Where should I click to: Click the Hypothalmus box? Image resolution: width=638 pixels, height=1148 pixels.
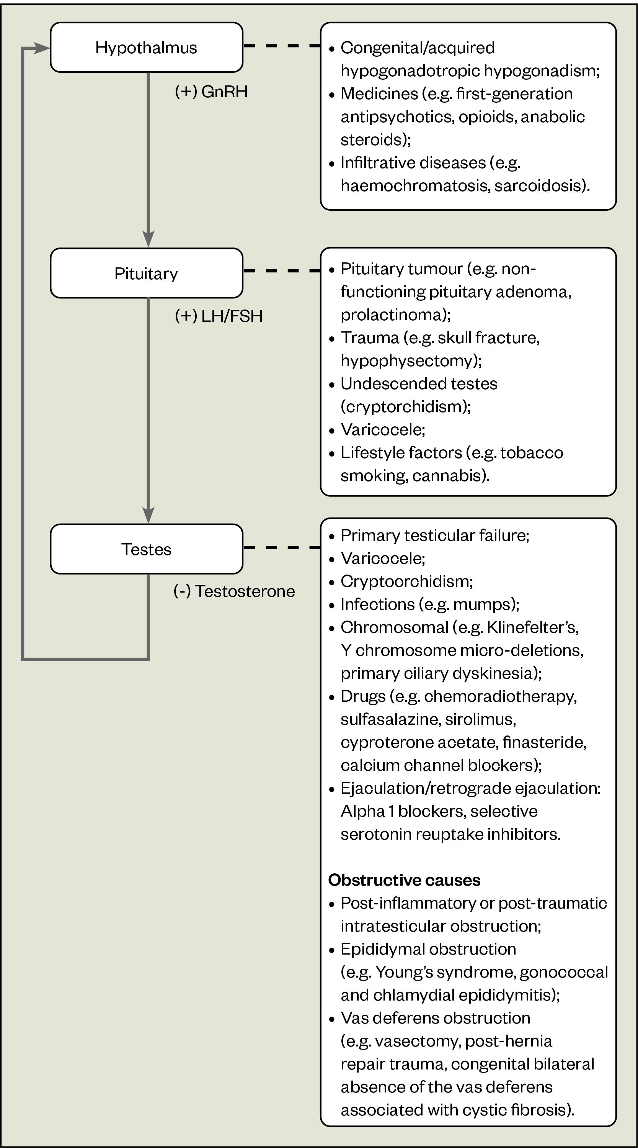coord(146,47)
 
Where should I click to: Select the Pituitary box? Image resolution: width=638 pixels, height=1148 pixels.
coord(146,273)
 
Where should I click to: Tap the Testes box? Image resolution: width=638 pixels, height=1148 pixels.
coord(146,549)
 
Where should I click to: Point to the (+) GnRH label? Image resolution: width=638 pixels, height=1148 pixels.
coord(211,92)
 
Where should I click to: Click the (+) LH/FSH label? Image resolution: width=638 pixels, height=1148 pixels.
coord(219,316)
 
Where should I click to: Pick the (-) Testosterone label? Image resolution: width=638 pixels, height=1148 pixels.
coord(234,591)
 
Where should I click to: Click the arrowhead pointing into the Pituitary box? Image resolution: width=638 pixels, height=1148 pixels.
coord(148,238)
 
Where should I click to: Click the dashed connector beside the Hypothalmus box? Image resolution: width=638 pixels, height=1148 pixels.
coord(282,46)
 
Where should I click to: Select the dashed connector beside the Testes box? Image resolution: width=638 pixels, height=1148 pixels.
coord(282,547)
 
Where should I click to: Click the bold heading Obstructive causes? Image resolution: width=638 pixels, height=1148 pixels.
coord(404,880)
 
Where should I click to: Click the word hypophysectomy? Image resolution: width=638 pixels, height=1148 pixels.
coord(409,360)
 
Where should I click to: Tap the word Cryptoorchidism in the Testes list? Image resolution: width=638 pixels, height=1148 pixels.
coord(405,581)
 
